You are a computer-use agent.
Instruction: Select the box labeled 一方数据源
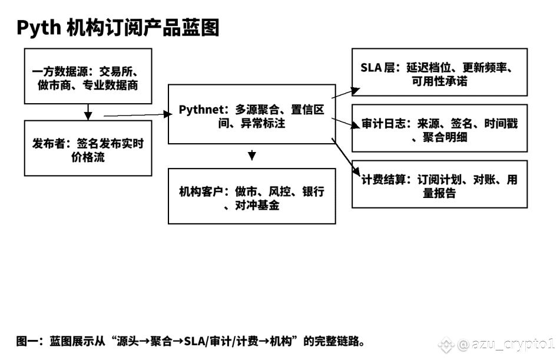87,78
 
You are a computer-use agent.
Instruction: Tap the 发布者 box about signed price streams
87,148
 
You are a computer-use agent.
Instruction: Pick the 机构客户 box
251,196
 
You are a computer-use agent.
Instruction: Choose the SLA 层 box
439,72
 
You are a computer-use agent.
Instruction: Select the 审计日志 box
439,128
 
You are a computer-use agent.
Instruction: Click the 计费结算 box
439,184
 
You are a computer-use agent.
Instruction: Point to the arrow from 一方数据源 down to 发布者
88,112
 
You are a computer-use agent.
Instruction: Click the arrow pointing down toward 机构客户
252,155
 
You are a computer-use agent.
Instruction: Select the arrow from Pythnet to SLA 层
346,91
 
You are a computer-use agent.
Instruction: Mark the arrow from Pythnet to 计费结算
346,157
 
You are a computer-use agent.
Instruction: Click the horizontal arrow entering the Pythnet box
135,115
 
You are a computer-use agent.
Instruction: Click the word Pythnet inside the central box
200,110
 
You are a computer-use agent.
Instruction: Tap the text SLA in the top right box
372,67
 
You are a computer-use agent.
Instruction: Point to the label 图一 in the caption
26,341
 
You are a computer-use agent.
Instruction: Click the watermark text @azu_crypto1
506,344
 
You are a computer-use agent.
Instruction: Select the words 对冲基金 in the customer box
257,206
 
